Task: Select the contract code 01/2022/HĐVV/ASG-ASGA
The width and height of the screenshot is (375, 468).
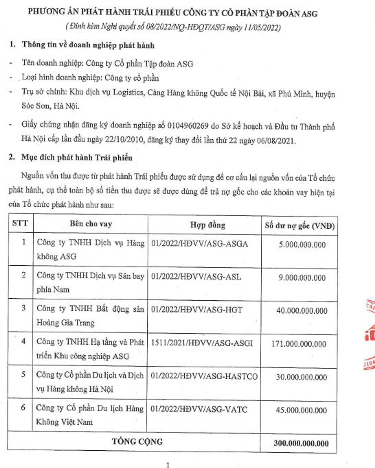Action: (x=194, y=244)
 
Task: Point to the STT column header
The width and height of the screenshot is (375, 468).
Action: (x=20, y=225)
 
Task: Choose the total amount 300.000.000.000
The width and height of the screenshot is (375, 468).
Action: (x=300, y=443)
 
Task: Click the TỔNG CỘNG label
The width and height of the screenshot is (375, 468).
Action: (x=136, y=442)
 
